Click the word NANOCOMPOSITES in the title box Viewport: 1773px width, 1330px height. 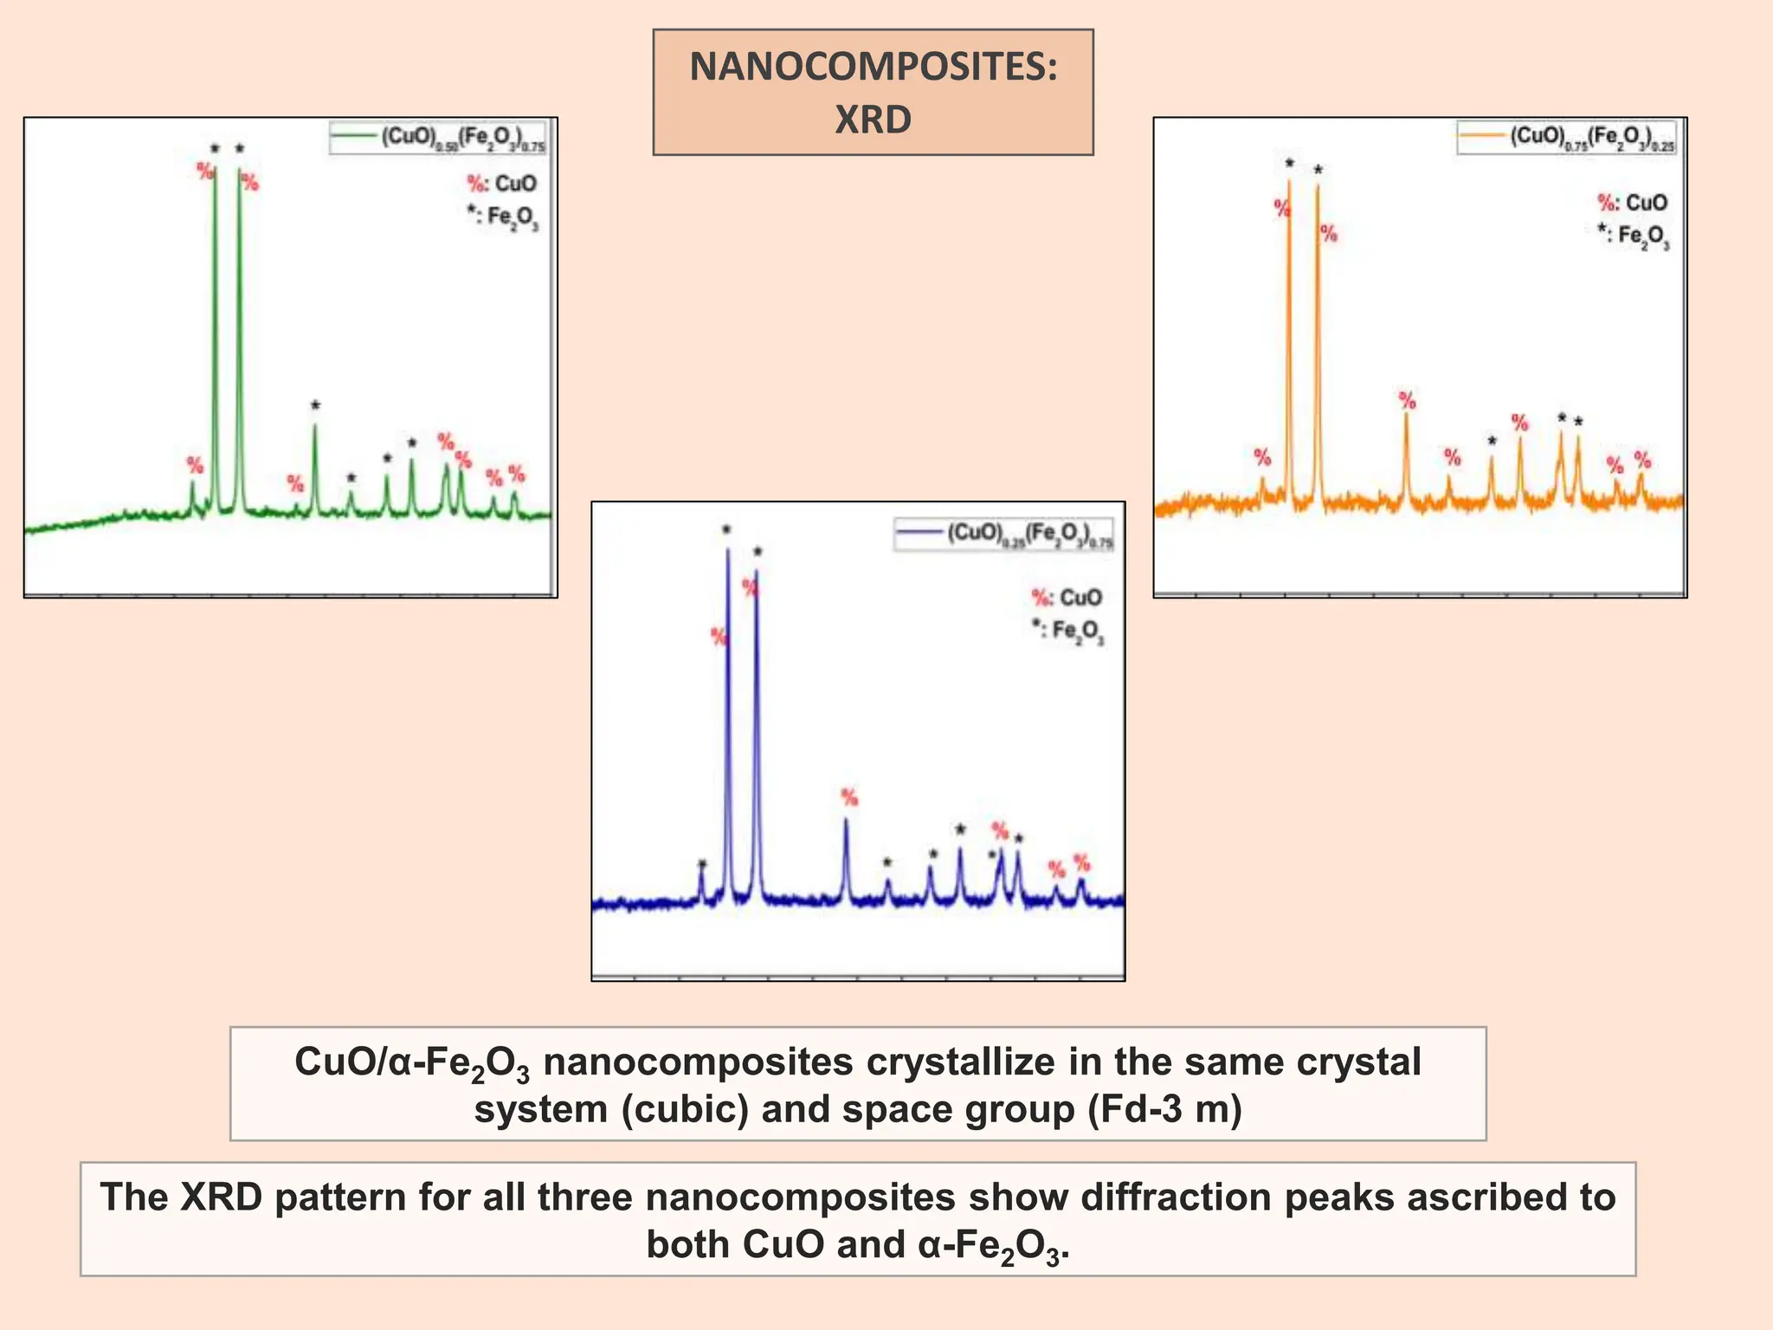pos(873,68)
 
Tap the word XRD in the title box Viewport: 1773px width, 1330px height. pos(873,119)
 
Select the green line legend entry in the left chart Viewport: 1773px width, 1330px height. pos(438,138)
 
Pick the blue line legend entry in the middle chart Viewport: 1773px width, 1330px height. pos(1004,533)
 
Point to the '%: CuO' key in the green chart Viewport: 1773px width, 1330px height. pos(501,184)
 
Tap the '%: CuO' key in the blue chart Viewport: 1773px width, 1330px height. pos(1067,597)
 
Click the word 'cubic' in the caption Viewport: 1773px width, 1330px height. pos(684,1109)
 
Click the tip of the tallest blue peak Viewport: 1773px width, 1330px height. pos(727,549)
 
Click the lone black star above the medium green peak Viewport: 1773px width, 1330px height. pos(315,405)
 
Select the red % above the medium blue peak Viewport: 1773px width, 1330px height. pos(849,797)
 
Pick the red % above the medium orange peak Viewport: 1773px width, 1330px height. pos(1408,400)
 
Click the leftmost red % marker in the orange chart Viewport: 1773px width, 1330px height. pos(1262,456)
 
